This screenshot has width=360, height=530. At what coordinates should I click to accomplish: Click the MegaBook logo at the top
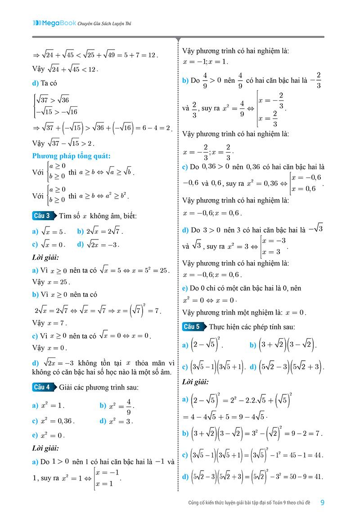[x=54, y=23]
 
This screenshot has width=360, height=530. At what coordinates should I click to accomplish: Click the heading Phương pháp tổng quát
[x=72, y=156]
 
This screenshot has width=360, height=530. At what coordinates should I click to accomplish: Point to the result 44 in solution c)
[x=317, y=455]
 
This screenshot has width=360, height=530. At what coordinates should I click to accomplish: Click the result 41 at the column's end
[x=318, y=476]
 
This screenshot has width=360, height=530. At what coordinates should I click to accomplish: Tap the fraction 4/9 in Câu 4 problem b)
[x=128, y=406]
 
